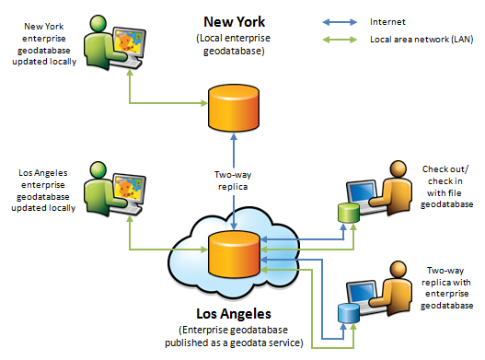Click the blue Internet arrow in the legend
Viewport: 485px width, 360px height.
(x=341, y=18)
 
